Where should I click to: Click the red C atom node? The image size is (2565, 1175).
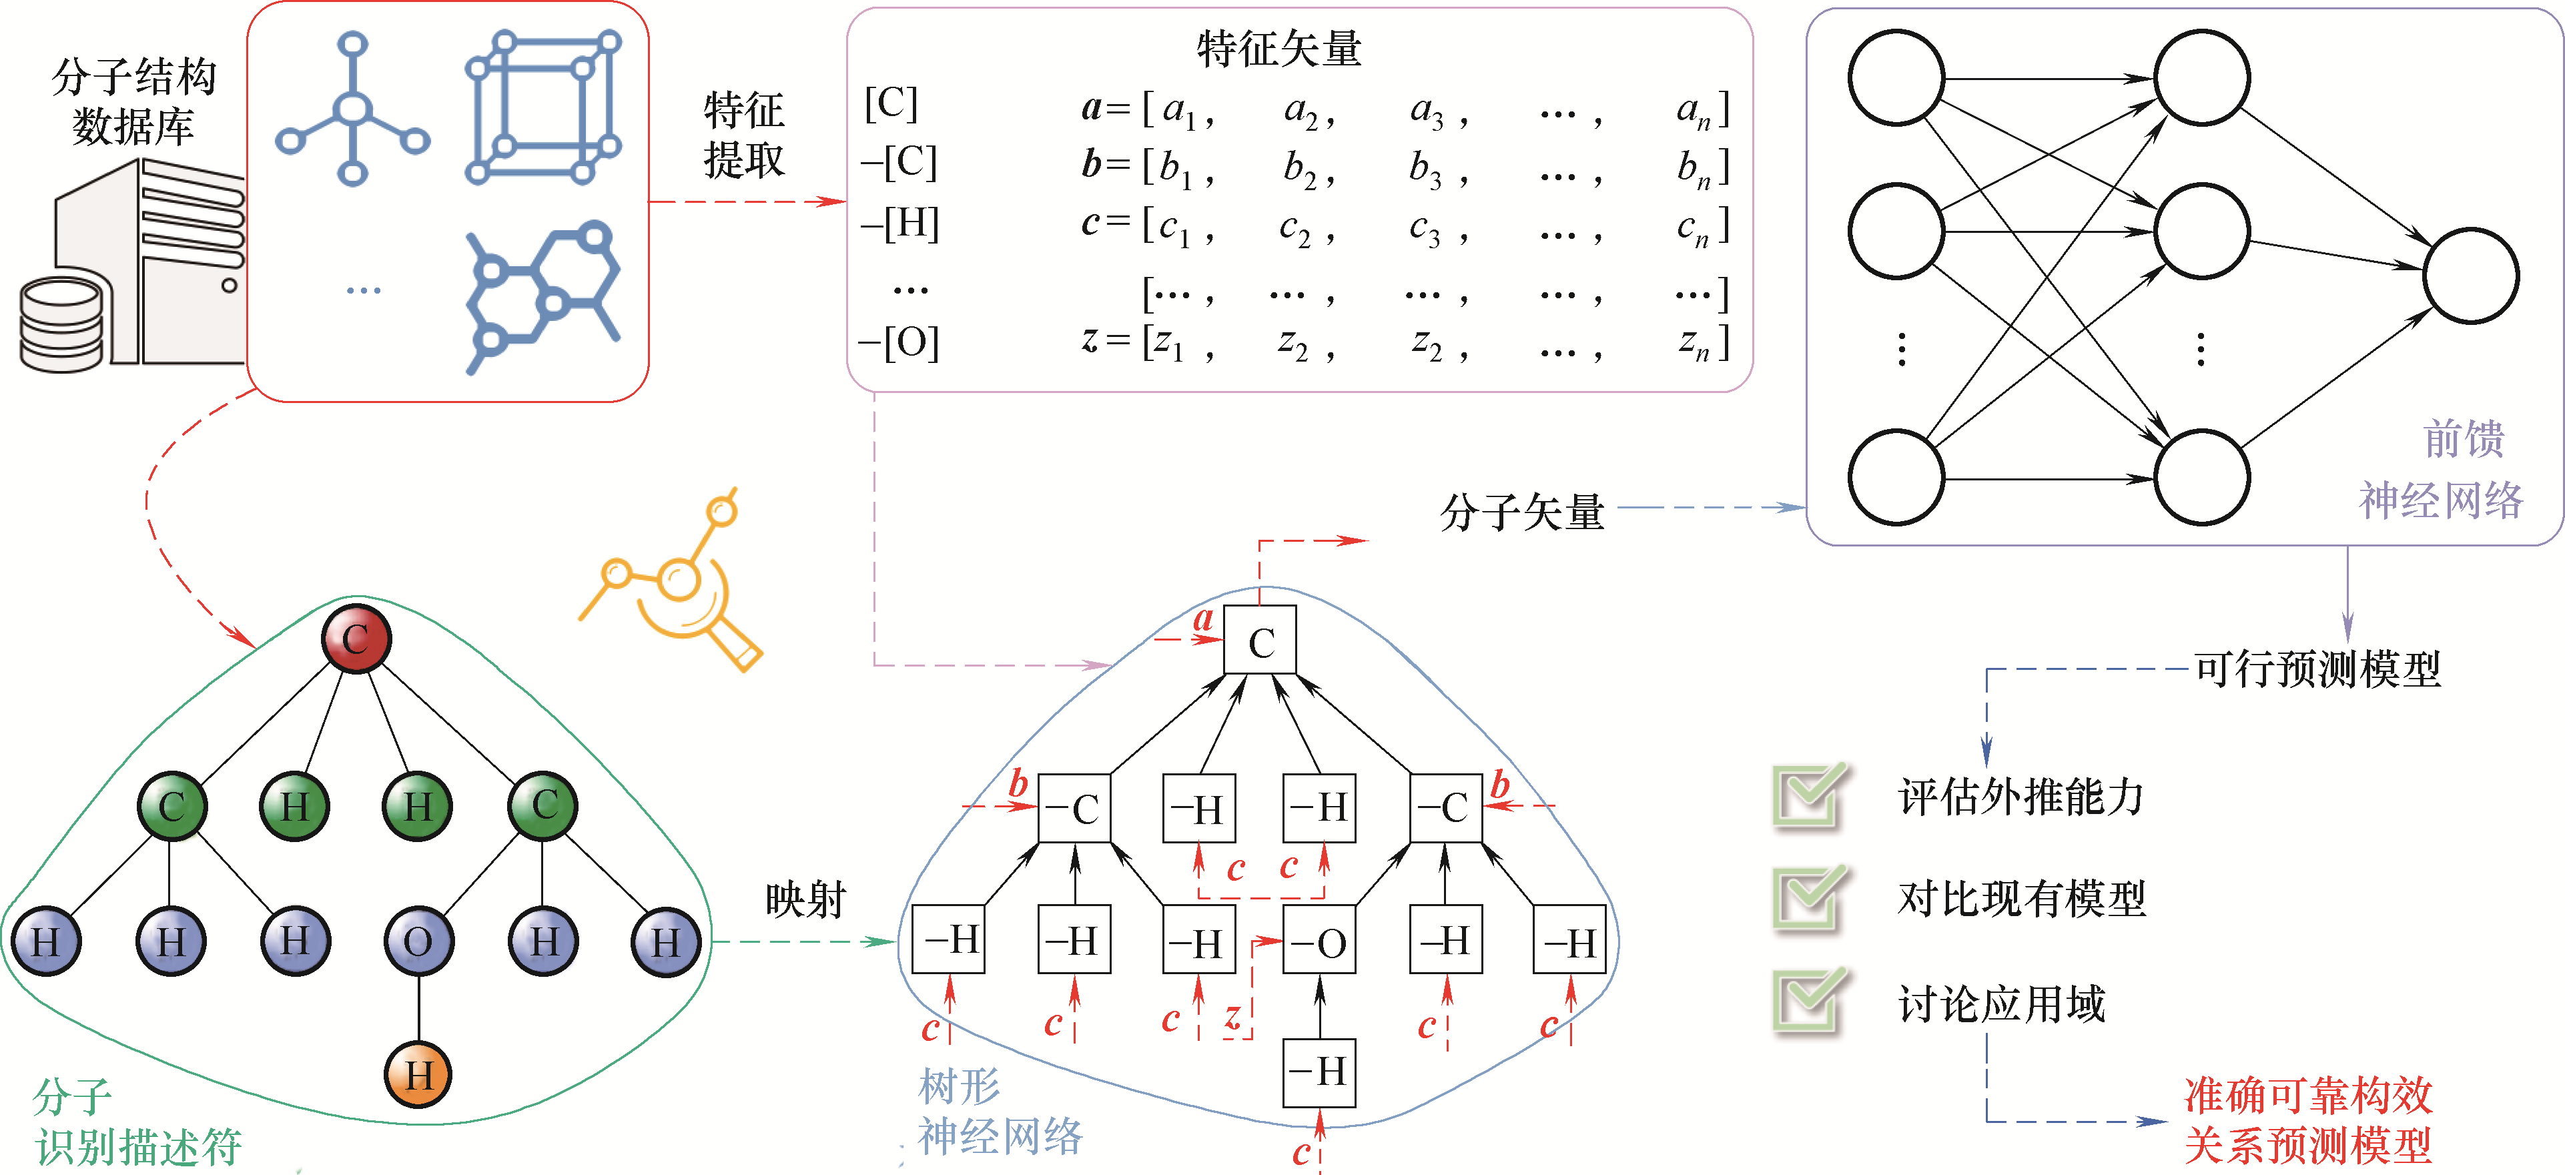click(x=356, y=639)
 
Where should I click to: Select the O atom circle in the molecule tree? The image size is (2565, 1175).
click(x=418, y=941)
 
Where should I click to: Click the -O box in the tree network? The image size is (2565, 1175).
click(x=1319, y=941)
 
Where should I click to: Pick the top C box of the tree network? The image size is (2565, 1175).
click(x=1260, y=641)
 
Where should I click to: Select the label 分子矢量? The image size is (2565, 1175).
click(x=1521, y=512)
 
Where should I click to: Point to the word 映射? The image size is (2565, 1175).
click(x=805, y=899)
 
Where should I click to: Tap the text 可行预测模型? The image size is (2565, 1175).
click(x=2317, y=668)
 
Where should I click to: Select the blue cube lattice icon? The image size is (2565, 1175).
click(x=542, y=107)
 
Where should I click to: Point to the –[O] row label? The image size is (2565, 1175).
click(x=899, y=342)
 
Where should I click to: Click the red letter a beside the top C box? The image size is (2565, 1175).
click(x=1203, y=619)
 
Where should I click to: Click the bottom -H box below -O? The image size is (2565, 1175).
click(x=1319, y=1072)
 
